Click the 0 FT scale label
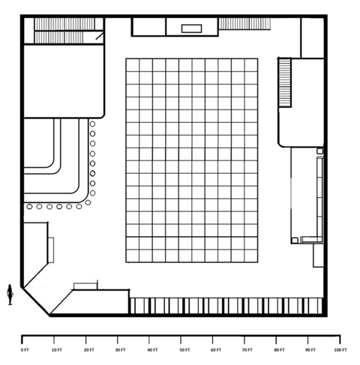25,350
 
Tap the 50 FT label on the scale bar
184,350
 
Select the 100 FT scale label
340,350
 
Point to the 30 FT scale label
120,350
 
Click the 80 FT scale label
279,350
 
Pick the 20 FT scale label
89,350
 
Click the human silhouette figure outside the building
10,295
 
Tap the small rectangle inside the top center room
191,28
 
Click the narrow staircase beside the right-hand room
285,82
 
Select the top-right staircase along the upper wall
244,24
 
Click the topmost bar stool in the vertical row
92,124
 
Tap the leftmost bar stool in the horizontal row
29,207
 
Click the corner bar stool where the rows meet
88,202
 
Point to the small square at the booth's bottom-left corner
295,241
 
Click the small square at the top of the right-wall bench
320,151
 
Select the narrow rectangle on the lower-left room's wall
51,250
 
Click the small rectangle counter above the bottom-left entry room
85,286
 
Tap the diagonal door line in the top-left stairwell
100,36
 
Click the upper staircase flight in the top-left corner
64,24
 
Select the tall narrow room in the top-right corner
313,38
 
